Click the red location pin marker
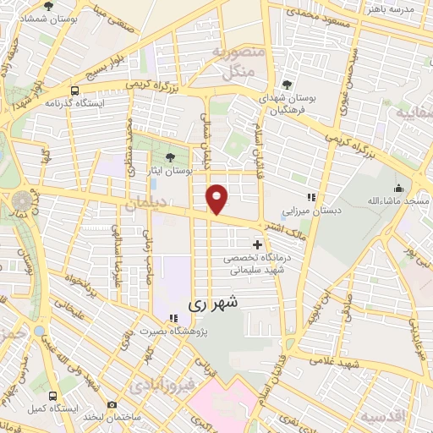217,198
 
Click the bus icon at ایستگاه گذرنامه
75,90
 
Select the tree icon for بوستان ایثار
172,157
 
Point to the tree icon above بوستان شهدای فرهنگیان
288,85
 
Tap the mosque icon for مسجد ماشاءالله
397,188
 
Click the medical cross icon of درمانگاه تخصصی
257,245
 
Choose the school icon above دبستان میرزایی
311,197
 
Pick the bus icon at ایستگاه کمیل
53,396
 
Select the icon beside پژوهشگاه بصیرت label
173,319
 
